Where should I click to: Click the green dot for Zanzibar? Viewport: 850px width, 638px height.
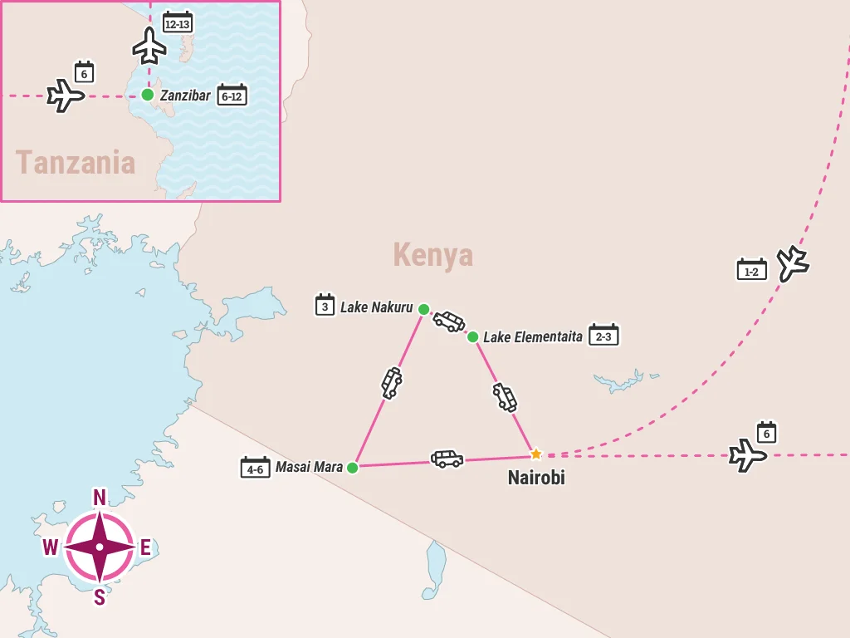[147, 95]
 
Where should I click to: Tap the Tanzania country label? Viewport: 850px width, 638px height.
[76, 162]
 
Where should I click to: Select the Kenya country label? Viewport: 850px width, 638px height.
[432, 255]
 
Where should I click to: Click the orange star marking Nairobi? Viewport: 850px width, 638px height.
[536, 454]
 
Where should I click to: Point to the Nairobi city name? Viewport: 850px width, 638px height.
[536, 478]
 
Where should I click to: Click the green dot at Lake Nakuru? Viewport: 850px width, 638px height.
[423, 309]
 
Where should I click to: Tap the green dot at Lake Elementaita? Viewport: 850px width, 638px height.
[472, 336]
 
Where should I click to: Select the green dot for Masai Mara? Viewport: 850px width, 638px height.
[352, 468]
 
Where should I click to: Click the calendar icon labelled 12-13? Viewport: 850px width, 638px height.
[178, 22]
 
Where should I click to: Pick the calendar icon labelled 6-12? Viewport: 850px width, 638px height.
[232, 96]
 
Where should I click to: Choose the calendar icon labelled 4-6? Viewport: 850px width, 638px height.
[255, 468]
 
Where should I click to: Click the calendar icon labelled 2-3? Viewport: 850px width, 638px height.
[603, 336]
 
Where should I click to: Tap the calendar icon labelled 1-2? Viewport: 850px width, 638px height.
[752, 270]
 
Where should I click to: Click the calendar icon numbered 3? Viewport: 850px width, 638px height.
[325, 306]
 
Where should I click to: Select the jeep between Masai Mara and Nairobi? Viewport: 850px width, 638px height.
[447, 459]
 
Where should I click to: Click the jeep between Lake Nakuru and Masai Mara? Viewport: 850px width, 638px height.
[391, 383]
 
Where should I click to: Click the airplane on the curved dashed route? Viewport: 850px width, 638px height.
[793, 263]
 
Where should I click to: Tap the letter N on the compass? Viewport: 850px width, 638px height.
[99, 498]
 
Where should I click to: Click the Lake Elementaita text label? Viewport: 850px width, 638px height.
[533, 336]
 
